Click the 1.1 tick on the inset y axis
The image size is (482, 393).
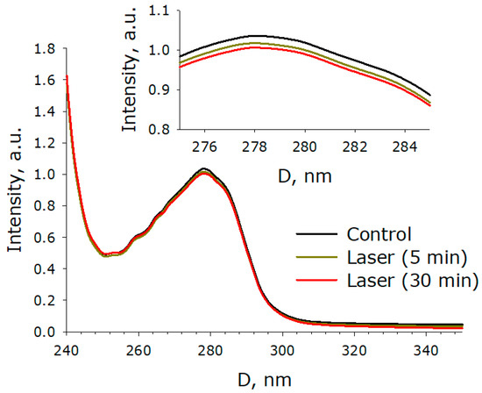point(159,11)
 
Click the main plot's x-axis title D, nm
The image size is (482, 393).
point(263,379)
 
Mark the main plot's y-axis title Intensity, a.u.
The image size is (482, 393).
point(15,189)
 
